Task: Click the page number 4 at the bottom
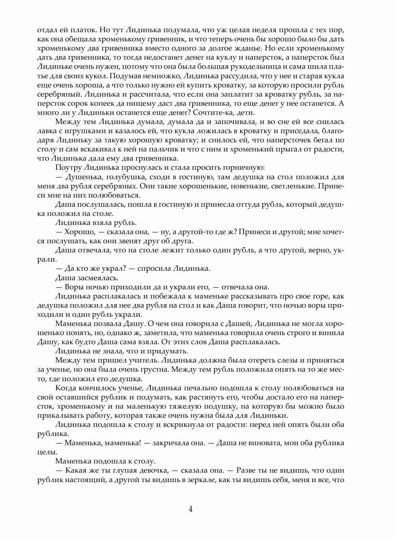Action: point(191,510)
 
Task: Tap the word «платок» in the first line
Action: point(77,29)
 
